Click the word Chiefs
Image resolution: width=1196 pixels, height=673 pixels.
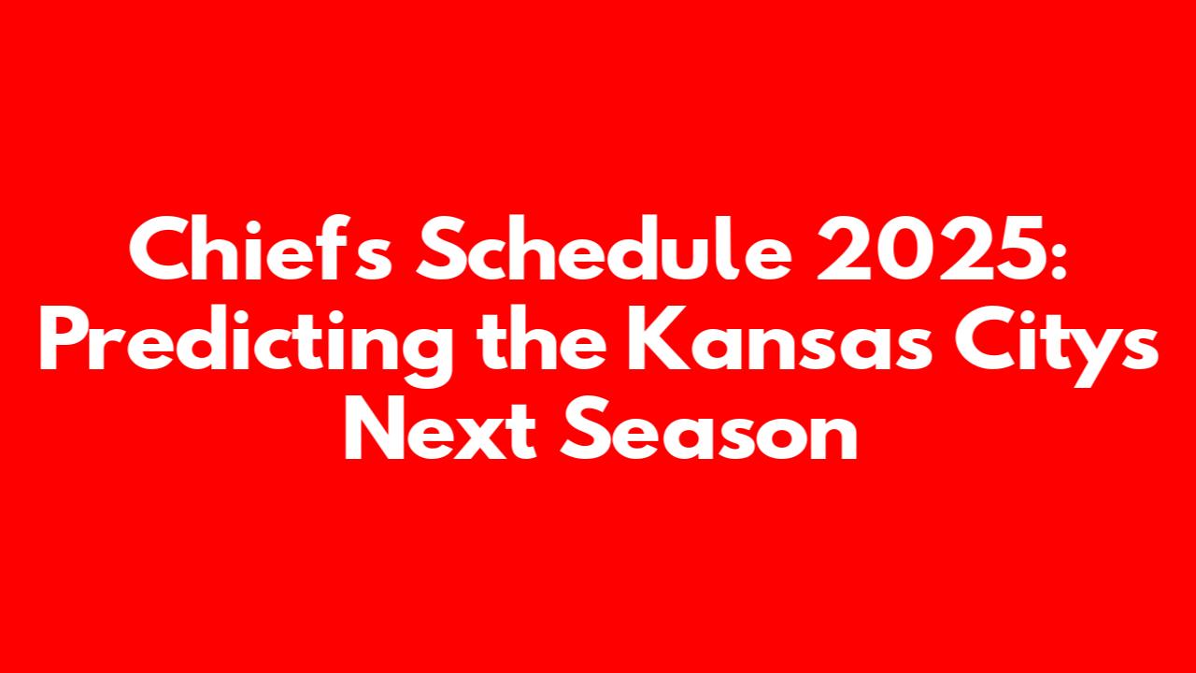click(x=261, y=248)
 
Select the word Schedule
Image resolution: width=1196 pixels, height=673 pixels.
click(x=604, y=248)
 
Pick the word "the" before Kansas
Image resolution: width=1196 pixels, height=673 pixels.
click(x=542, y=337)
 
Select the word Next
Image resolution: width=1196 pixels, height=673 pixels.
click(x=440, y=427)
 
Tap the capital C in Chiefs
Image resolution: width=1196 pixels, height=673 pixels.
click(x=160, y=249)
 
